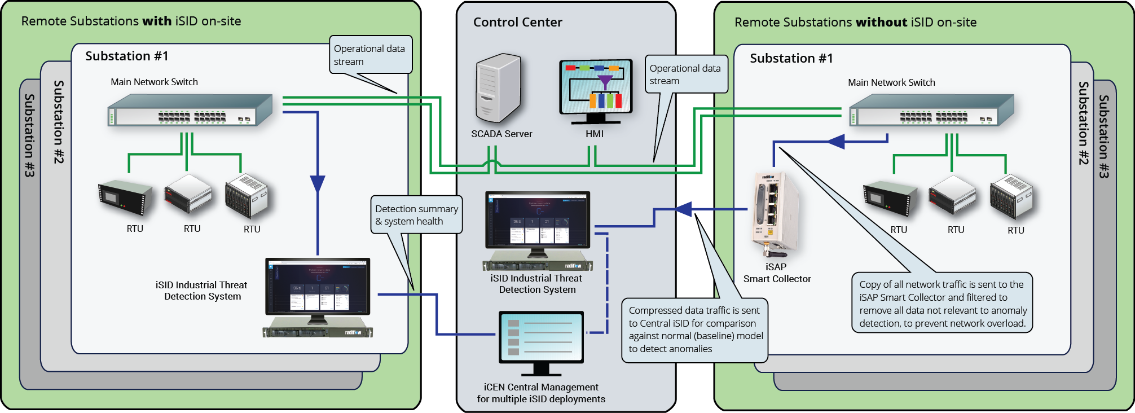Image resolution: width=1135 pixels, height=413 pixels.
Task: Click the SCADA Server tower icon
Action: point(498,88)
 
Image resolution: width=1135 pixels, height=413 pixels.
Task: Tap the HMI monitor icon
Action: point(596,90)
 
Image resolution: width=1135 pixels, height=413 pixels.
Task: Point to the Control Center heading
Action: point(517,23)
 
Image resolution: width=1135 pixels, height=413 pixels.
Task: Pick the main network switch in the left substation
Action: point(190,110)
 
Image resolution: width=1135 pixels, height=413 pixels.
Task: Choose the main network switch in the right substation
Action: point(931,110)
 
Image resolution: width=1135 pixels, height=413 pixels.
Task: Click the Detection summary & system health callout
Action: point(416,215)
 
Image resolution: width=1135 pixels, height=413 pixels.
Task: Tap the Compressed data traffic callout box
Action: point(694,330)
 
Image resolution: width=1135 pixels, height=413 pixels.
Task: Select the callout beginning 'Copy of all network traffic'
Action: point(942,304)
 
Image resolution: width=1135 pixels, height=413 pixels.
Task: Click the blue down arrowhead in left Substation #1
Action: point(318,184)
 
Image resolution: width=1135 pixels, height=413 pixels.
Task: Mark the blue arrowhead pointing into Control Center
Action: point(684,209)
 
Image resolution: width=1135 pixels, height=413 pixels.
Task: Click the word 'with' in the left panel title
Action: point(157,21)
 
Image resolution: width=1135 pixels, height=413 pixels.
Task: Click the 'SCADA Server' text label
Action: point(501,134)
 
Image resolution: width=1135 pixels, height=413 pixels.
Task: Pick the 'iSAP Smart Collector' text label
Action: point(777,273)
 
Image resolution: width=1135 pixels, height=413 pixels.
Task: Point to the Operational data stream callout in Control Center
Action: point(685,74)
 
